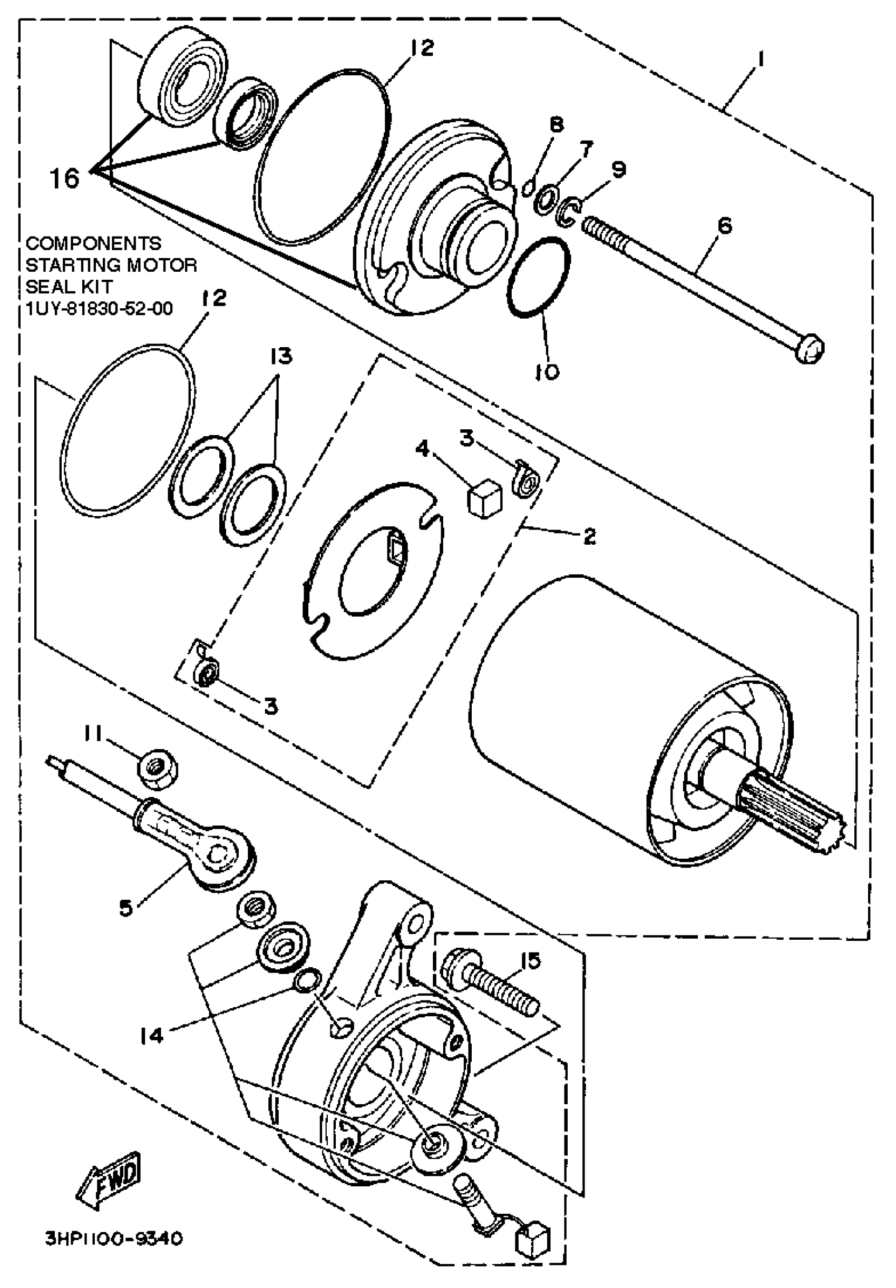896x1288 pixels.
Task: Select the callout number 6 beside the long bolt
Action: [x=725, y=226]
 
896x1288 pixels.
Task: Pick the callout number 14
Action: [x=151, y=1035]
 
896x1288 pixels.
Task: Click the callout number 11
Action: [x=93, y=733]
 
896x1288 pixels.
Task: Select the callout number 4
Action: [x=422, y=448]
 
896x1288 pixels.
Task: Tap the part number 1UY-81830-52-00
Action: [x=100, y=308]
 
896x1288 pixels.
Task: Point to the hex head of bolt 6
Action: [x=809, y=349]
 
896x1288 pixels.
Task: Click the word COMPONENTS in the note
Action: [x=93, y=243]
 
